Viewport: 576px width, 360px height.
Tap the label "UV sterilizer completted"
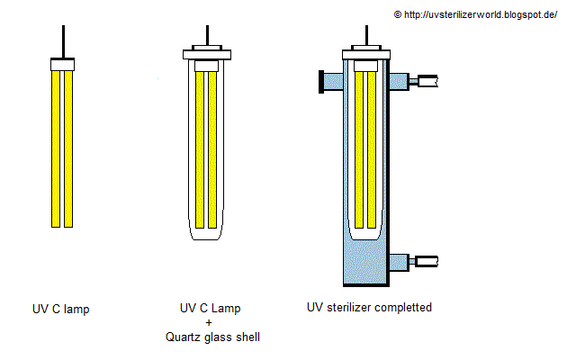pyautogui.click(x=369, y=307)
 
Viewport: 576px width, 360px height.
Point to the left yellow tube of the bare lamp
pyautogui.click(x=56, y=148)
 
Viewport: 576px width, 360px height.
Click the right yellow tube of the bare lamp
pyautogui.click(x=69, y=148)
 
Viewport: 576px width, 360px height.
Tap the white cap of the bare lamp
pyautogui.click(x=62, y=64)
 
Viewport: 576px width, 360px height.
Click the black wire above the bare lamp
pyautogui.click(x=62, y=40)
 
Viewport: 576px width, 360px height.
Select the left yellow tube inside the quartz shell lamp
pyautogui.click(x=201, y=148)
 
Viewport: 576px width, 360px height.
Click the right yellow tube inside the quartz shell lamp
pyautogui.click(x=214, y=148)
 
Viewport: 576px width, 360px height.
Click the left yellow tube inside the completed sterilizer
pyautogui.click(x=359, y=148)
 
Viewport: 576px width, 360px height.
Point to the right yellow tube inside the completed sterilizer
pyautogui.click(x=373, y=148)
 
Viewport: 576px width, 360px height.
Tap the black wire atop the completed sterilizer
pyautogui.click(x=365, y=31)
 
